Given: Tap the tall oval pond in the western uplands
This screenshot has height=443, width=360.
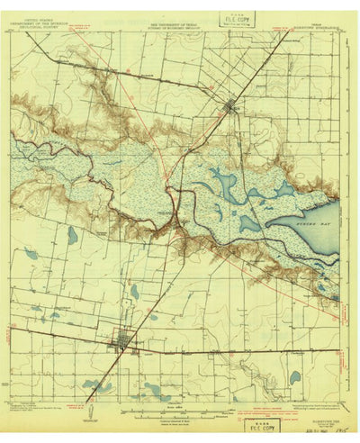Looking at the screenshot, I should coord(72,235).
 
